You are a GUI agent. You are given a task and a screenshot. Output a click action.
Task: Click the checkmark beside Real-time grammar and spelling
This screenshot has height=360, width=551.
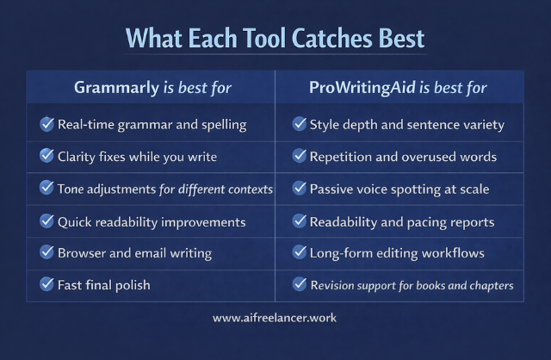tap(47, 124)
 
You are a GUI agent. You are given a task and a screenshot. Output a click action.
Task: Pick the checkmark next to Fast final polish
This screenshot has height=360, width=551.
tap(47, 283)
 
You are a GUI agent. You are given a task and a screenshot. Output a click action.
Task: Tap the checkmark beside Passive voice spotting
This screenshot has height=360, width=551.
tap(300, 188)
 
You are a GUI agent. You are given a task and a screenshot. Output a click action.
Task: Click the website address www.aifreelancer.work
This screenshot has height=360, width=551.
tap(275, 318)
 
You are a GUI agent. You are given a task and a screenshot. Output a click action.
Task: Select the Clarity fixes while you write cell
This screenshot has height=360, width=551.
tap(137, 156)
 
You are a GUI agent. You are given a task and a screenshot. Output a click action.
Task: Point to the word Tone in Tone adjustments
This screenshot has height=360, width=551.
tap(74, 188)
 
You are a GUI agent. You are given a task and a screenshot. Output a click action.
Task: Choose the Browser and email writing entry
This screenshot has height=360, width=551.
tap(133, 252)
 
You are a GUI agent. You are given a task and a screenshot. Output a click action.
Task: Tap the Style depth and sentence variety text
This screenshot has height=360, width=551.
tap(406, 124)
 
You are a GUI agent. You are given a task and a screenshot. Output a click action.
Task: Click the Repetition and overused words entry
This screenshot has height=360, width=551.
tap(403, 156)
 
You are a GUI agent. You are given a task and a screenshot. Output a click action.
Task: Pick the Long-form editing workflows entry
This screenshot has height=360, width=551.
tap(397, 252)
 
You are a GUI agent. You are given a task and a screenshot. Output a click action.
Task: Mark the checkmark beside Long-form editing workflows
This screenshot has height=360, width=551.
tap(300, 252)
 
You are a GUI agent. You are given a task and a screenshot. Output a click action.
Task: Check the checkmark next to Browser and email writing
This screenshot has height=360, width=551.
tap(47, 252)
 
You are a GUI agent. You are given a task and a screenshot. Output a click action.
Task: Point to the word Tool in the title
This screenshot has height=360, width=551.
tap(252, 39)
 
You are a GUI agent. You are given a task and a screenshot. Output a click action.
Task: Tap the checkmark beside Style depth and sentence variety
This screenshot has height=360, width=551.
tap(300, 124)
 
